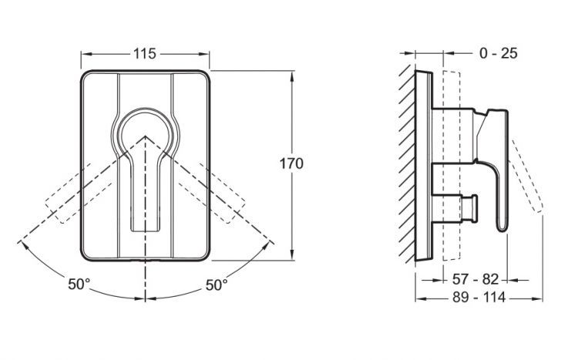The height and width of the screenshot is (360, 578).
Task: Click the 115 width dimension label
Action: pyautogui.click(x=145, y=53)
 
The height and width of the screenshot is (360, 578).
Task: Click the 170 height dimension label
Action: pyautogui.click(x=294, y=163)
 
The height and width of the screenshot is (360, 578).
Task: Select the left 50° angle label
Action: pyautogui.click(x=79, y=284)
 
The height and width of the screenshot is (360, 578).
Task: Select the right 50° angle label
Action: pyautogui.click(x=216, y=284)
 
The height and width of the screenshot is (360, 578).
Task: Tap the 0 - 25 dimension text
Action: pyautogui.click(x=497, y=53)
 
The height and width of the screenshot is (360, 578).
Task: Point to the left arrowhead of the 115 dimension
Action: pyautogui.click(x=83, y=53)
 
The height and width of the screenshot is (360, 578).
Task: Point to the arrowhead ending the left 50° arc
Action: pyautogui.click(x=21, y=244)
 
